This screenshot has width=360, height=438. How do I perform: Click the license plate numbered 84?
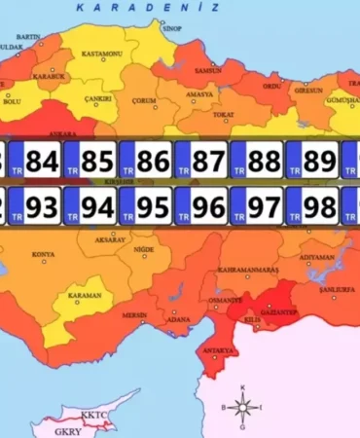coord(34,158)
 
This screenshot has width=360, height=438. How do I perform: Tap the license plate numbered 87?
coord(200,158)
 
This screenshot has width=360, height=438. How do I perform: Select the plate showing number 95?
coord(145,206)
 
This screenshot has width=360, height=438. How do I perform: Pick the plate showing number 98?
coord(311,206)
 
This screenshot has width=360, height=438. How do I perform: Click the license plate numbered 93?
coord(34,206)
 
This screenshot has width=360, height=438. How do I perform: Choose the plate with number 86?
coord(145,158)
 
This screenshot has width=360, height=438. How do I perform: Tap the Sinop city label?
coord(171,29)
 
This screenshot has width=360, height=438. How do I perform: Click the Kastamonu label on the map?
coord(102,54)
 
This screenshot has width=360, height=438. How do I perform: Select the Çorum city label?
coord(146,100)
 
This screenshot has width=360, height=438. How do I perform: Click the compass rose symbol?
coord(242,407)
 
